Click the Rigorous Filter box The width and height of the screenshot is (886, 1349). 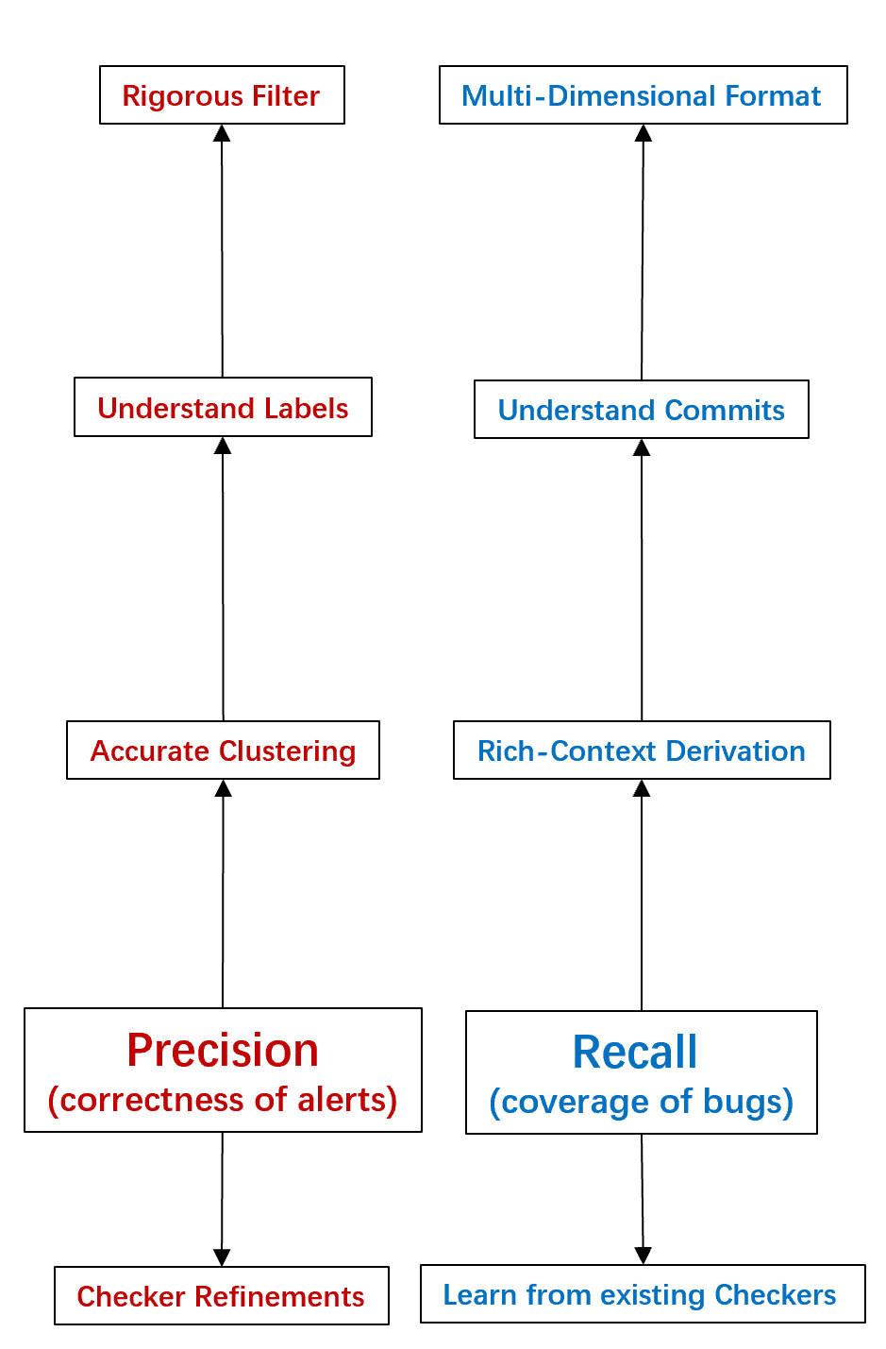222,95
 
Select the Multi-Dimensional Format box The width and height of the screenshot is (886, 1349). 643,95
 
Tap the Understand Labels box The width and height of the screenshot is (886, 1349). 223,408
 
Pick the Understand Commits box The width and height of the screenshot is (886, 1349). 641,410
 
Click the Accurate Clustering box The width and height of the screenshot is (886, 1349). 223,750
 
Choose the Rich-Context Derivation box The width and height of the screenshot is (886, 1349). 642,750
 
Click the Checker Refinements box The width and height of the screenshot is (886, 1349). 221,1296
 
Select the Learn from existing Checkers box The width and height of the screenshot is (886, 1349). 642,1294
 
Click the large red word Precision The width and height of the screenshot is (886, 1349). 223,1050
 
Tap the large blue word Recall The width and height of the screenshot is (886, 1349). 635,1052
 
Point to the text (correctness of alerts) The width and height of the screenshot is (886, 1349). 223,1100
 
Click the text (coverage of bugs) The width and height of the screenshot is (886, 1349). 641,1102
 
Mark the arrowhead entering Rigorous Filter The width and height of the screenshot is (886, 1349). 222,133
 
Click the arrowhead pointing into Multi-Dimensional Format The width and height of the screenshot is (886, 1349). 644,133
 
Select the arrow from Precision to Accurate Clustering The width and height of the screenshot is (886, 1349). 223,892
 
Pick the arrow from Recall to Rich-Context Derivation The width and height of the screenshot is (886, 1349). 642,894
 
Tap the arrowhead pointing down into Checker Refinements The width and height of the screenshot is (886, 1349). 222,1256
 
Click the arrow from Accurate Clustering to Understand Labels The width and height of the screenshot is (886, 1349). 223,578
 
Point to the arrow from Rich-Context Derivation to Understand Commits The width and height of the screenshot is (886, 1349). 642,580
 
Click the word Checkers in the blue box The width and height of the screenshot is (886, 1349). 775,1294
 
